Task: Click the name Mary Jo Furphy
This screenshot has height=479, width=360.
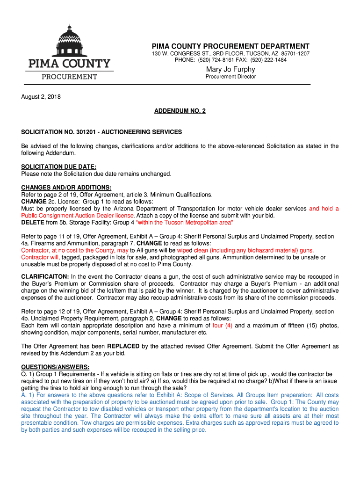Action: [230, 70]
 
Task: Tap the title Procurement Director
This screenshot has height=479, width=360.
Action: [230, 77]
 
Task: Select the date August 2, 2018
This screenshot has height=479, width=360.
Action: [41, 97]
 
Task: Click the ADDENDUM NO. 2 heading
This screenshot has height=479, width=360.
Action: [180, 111]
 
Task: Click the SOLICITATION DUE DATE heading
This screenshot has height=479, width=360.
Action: [58, 167]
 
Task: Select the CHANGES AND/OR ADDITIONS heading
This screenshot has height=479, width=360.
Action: [63, 188]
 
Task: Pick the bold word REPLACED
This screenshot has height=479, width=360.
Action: [123, 346]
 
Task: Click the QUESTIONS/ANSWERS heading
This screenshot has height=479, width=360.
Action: [55, 367]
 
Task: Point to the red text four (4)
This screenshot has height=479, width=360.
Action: [223, 326]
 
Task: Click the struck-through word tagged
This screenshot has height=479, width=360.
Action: [71, 257]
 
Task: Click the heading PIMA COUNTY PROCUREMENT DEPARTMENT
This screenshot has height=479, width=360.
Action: [230, 46]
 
